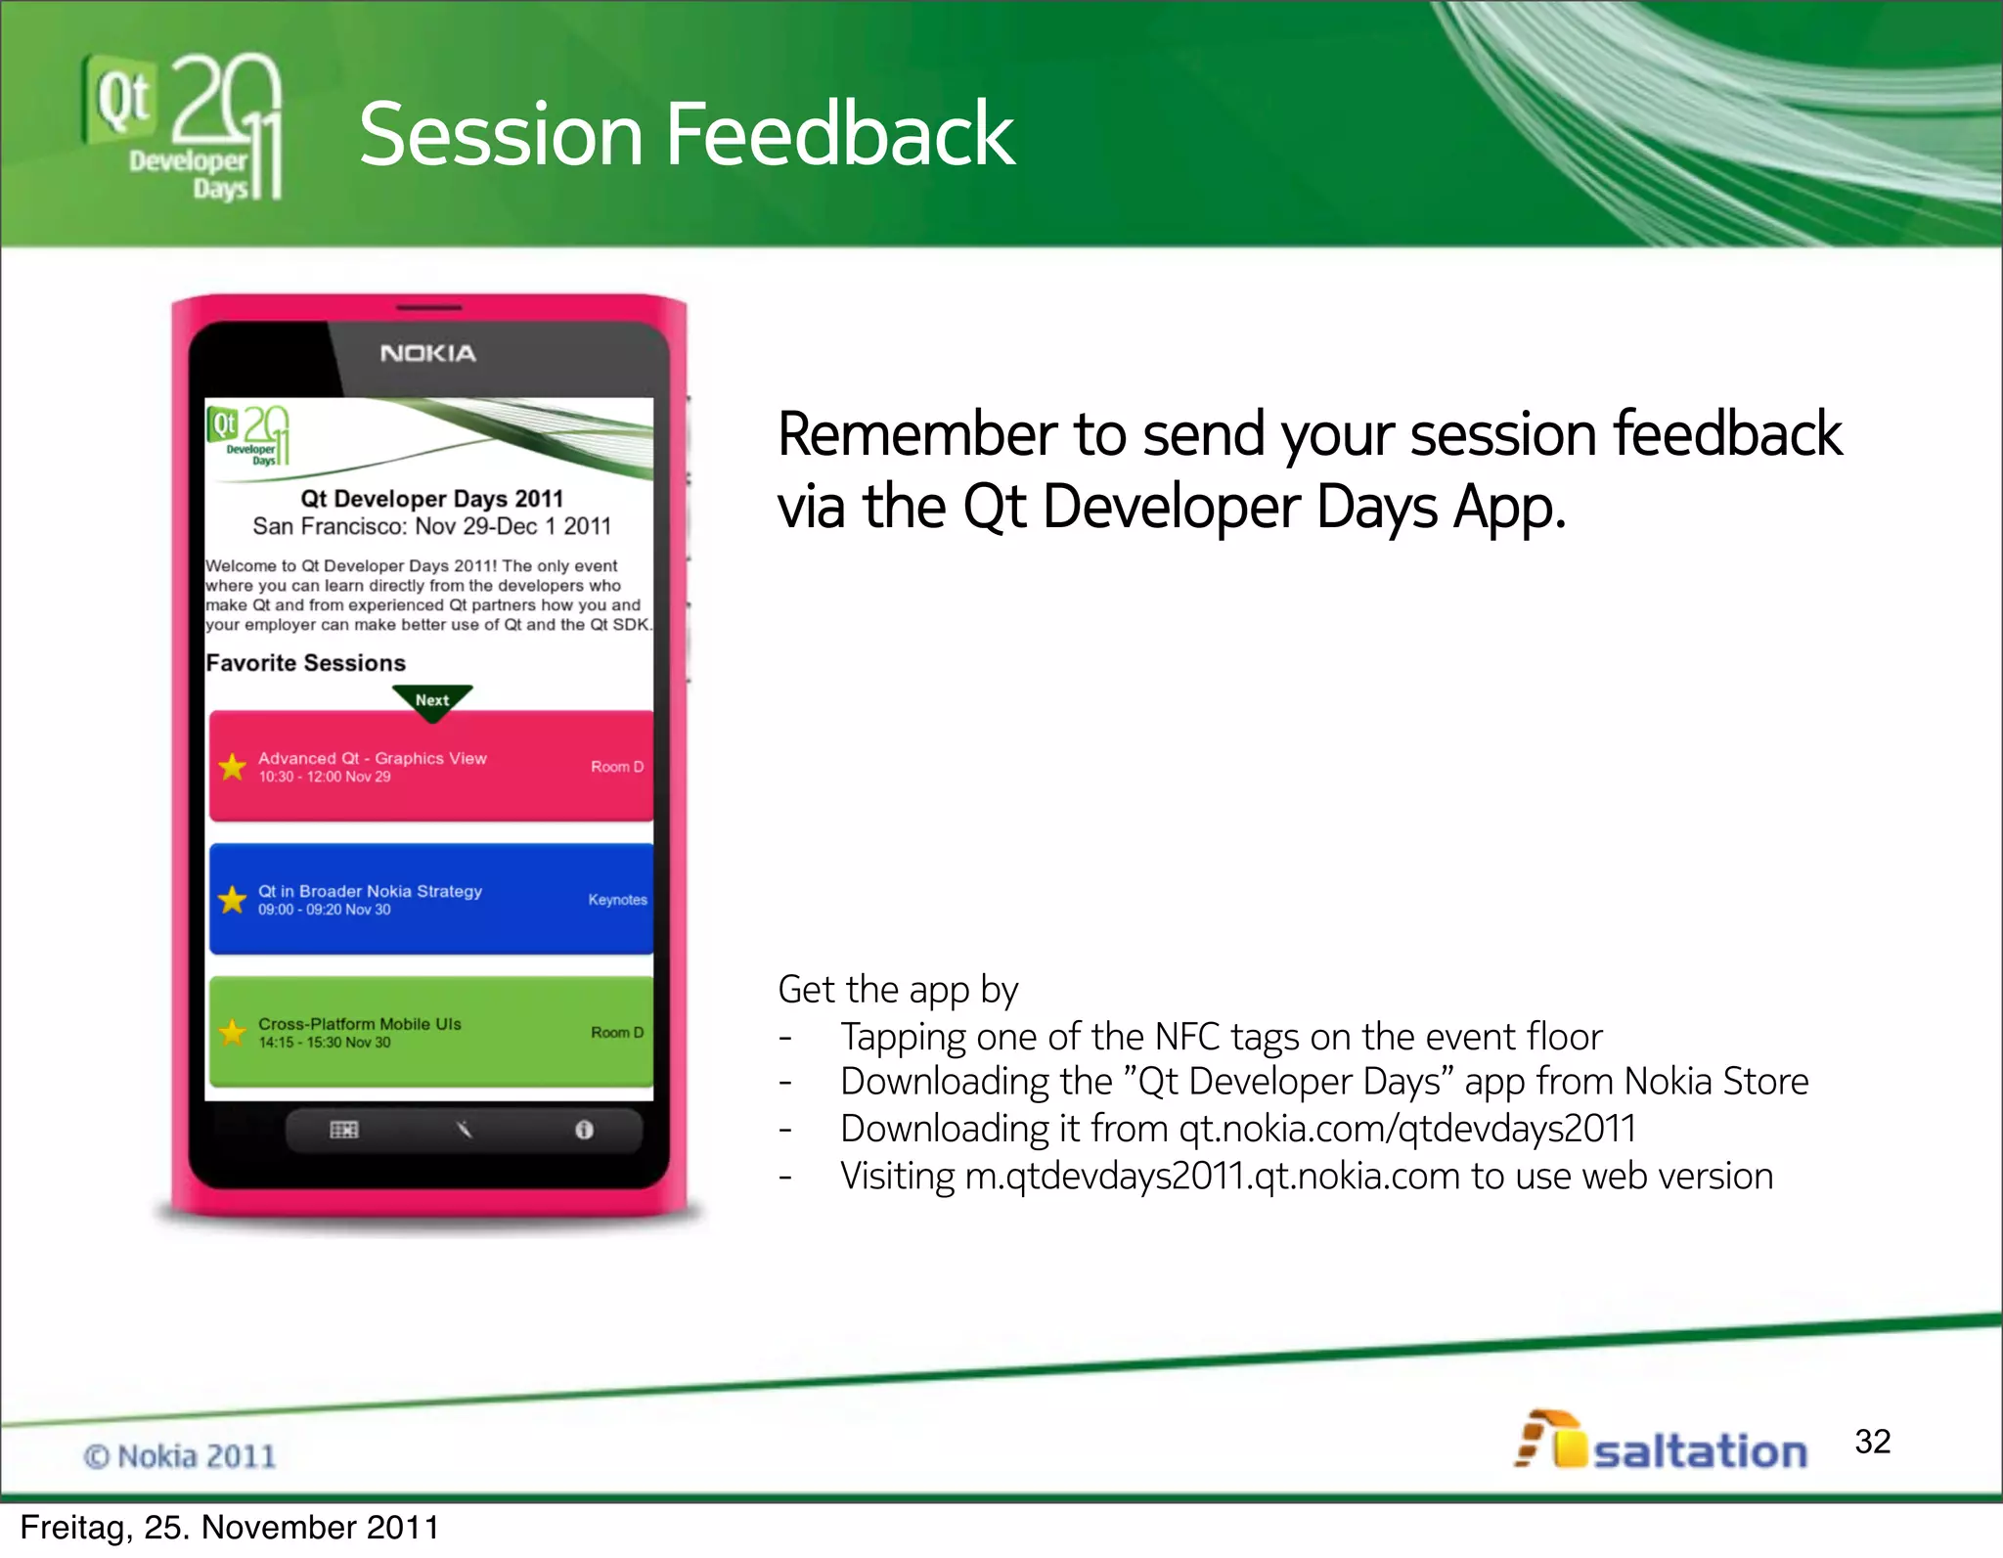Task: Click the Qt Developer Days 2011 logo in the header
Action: [x=184, y=127]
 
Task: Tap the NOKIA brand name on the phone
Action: [x=427, y=353]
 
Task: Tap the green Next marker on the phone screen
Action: [x=432, y=700]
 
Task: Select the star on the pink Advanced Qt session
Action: [x=233, y=767]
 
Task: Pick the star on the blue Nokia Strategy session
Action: [x=233, y=899]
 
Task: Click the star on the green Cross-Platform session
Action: [x=233, y=1032]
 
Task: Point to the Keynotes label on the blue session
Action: [x=617, y=900]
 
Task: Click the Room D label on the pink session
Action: [x=617, y=767]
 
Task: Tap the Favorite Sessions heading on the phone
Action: [x=306, y=663]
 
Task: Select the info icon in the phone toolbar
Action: [x=584, y=1130]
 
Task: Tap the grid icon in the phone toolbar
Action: [x=344, y=1130]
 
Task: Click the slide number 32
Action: [x=1872, y=1442]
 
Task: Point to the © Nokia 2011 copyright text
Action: [x=180, y=1456]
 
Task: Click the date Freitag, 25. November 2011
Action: [x=230, y=1528]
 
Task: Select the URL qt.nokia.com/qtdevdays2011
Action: [x=1407, y=1129]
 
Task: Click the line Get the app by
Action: [x=898, y=990]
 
